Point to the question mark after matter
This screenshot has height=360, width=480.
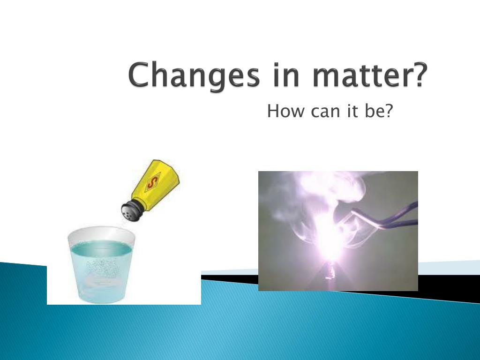[x=420, y=75]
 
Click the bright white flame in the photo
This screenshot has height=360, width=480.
[x=330, y=241]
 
